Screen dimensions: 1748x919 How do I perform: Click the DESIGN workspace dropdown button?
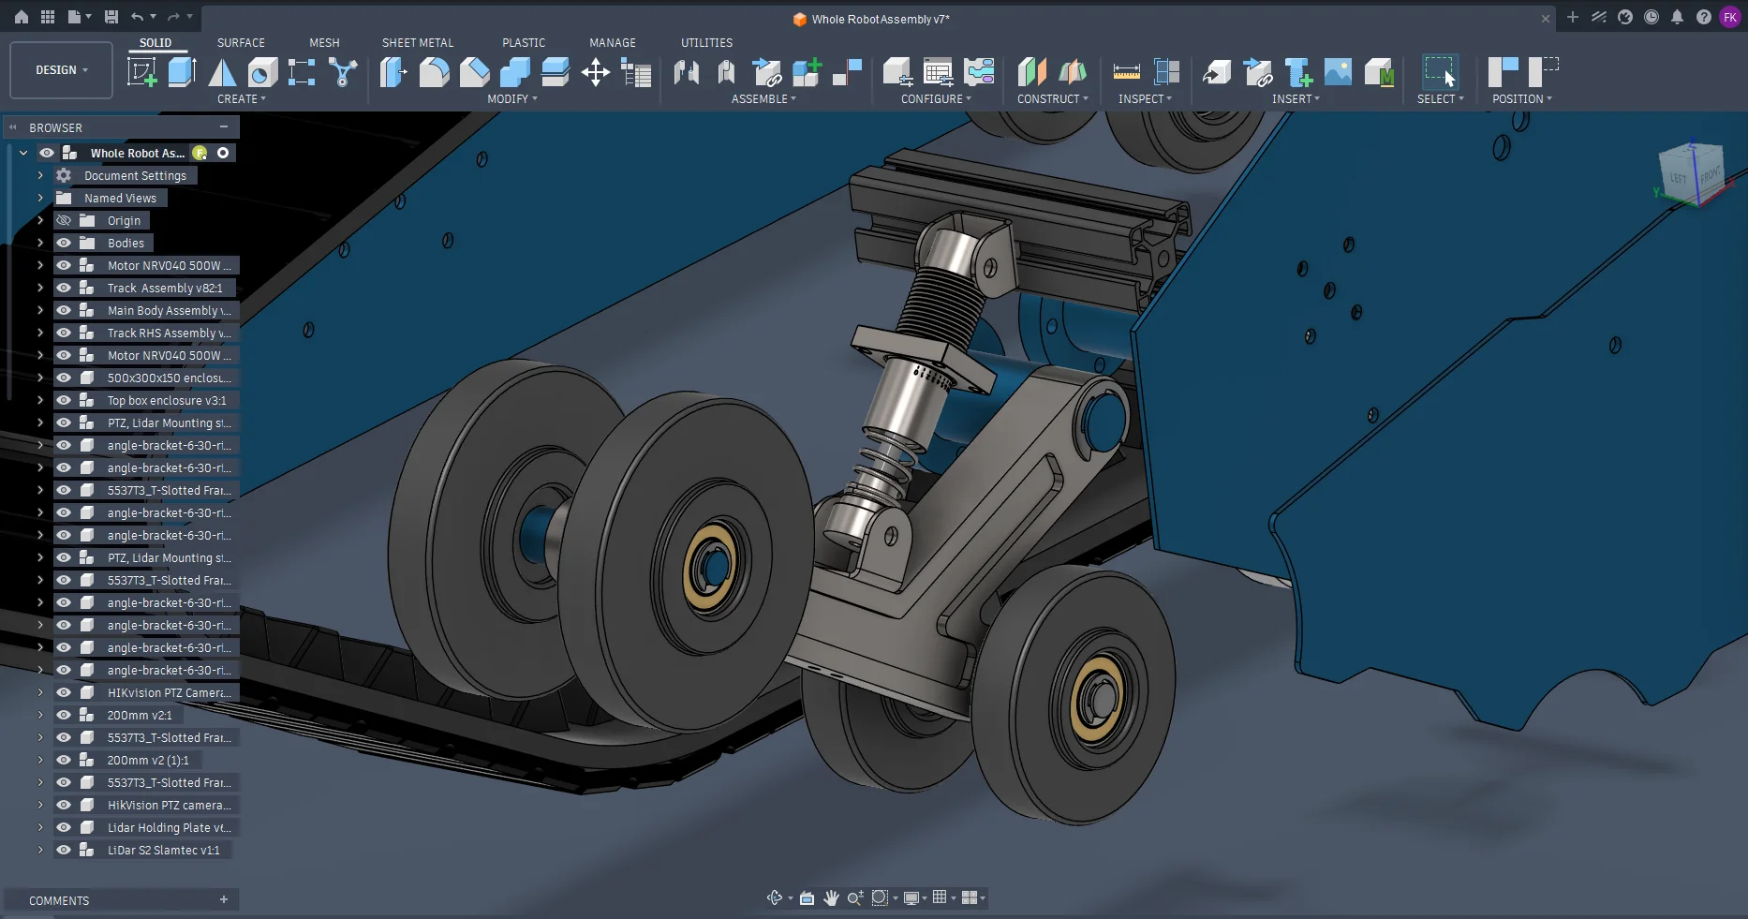62,70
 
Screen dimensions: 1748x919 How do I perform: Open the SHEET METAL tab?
418,43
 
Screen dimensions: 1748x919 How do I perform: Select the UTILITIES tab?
706,43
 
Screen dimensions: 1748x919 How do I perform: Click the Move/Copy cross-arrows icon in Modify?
596,72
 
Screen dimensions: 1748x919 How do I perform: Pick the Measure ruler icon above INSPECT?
1126,72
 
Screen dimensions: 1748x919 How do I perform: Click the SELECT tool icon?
1440,72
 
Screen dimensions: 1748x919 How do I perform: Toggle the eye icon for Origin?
64,221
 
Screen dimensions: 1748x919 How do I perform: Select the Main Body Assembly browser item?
169,311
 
